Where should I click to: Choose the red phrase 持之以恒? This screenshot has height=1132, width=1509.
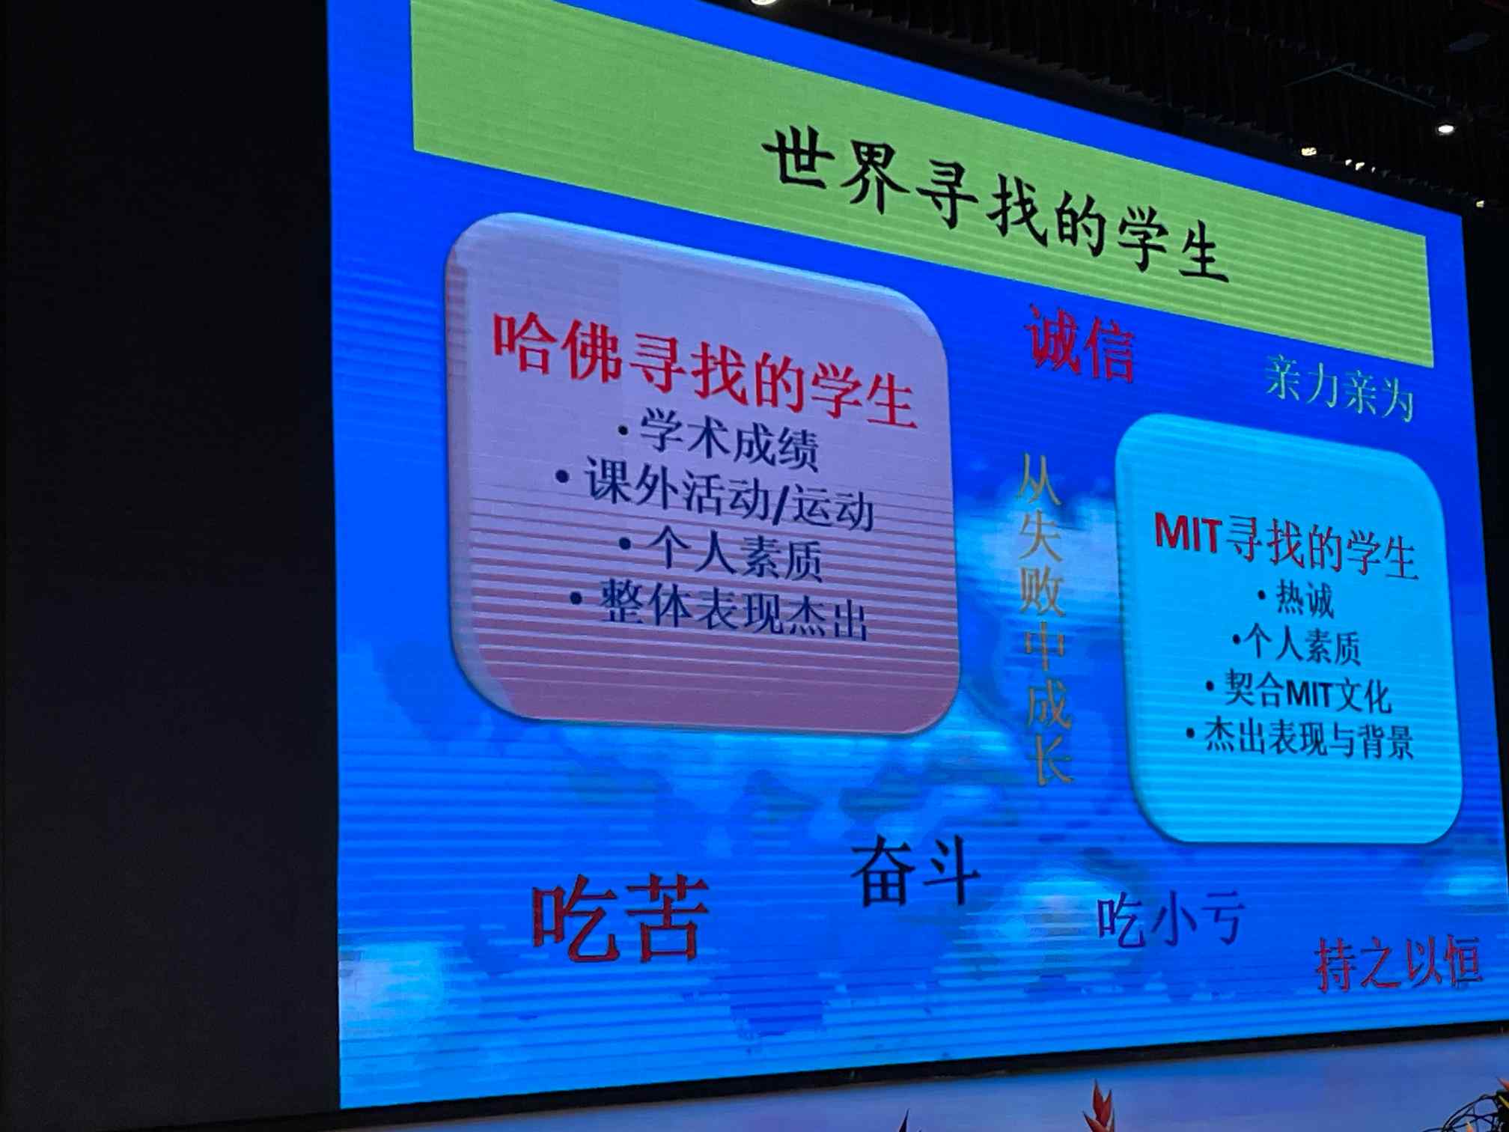point(1398,963)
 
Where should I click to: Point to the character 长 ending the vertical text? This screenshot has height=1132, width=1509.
point(1049,758)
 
